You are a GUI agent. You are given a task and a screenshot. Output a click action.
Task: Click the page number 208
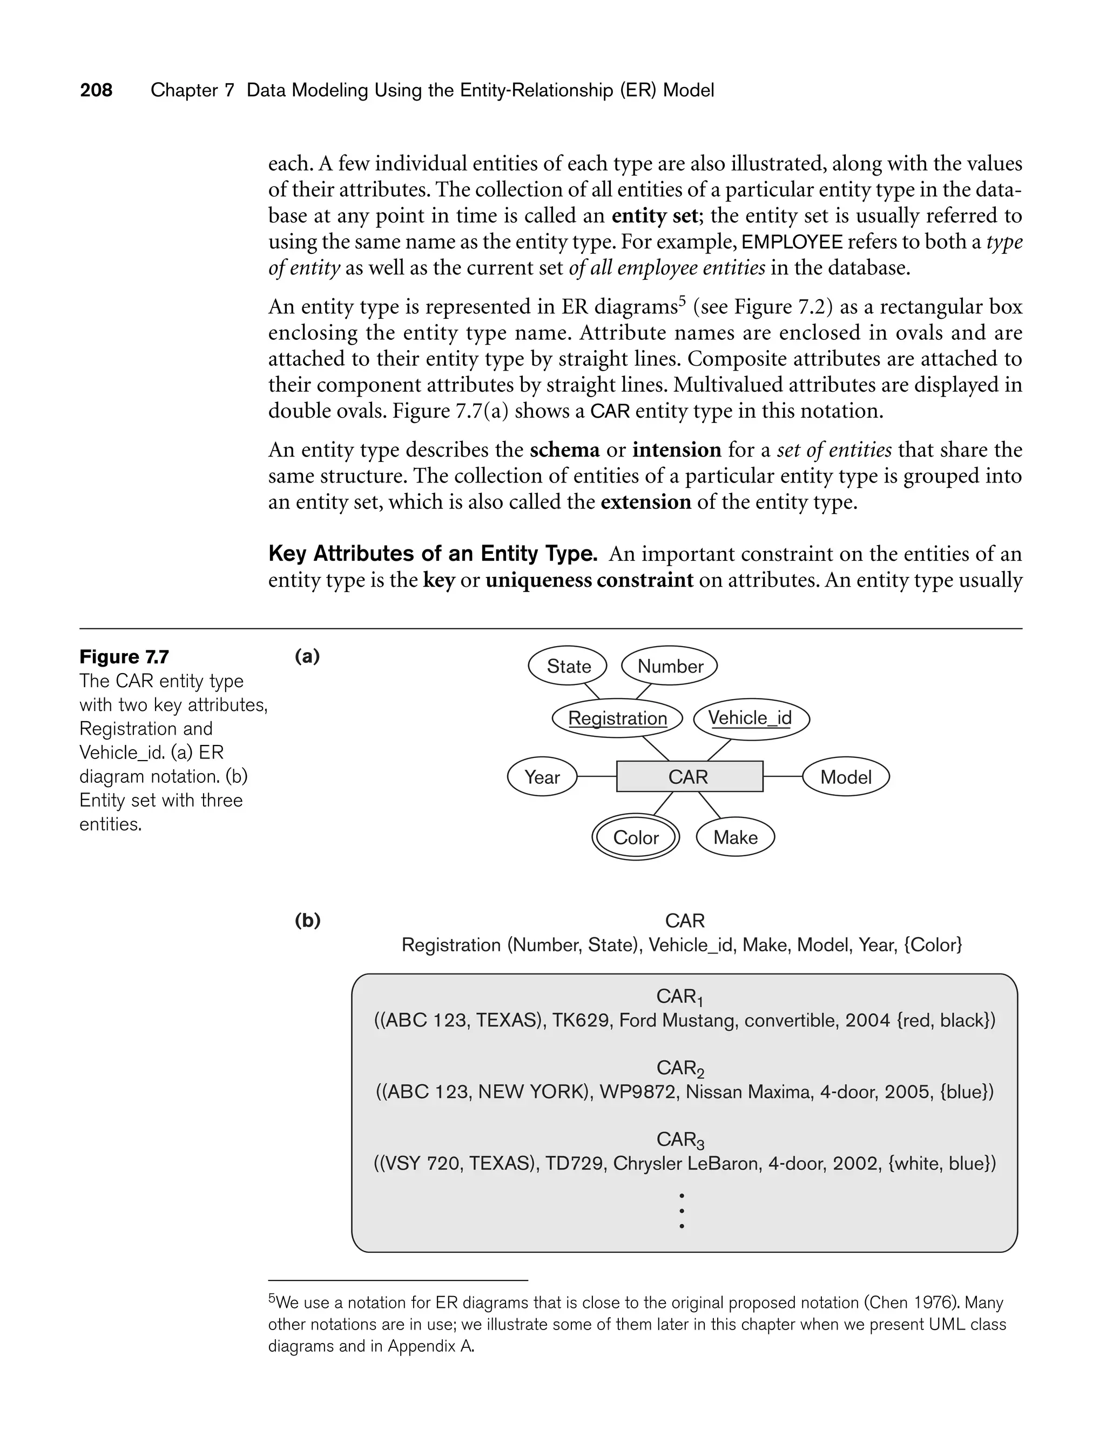[96, 90]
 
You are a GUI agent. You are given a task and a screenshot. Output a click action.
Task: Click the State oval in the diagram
[568, 667]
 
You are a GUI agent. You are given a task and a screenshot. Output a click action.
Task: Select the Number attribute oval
[670, 667]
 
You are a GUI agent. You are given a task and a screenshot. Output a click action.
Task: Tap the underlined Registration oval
[617, 719]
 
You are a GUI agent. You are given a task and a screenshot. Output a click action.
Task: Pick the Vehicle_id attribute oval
[751, 718]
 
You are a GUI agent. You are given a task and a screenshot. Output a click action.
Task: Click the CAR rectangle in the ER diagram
[689, 777]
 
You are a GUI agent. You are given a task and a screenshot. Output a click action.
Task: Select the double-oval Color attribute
[635, 837]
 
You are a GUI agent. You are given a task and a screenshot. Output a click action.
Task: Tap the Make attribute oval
[736, 837]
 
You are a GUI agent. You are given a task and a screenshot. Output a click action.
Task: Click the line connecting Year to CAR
[596, 777]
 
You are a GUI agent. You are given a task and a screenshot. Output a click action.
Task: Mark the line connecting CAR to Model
[783, 777]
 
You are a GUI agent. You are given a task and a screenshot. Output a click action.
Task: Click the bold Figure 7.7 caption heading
[124, 656]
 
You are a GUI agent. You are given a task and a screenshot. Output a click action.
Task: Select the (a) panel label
[307, 656]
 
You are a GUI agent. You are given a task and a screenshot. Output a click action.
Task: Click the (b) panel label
[307, 920]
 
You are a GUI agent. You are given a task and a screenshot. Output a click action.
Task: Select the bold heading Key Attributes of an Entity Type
[433, 553]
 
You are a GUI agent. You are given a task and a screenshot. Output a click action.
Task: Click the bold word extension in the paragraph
[646, 502]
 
